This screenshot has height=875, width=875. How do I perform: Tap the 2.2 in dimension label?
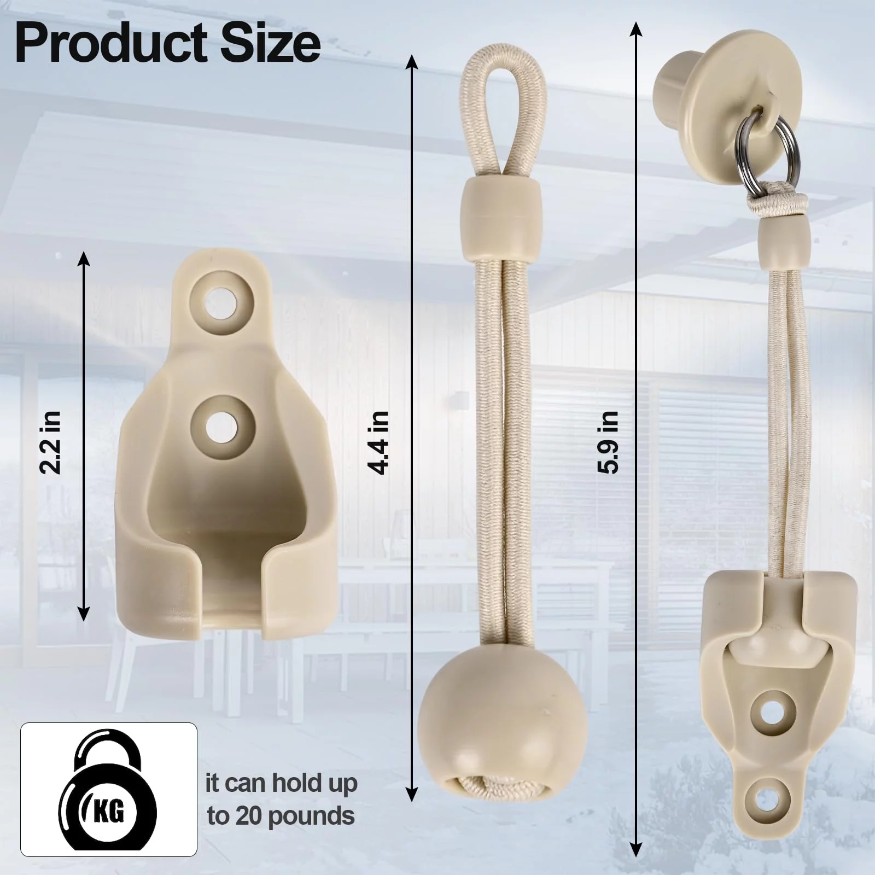pos(51,441)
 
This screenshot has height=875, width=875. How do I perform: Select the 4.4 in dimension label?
pos(379,442)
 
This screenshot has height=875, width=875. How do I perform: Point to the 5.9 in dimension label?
pos(608,442)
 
